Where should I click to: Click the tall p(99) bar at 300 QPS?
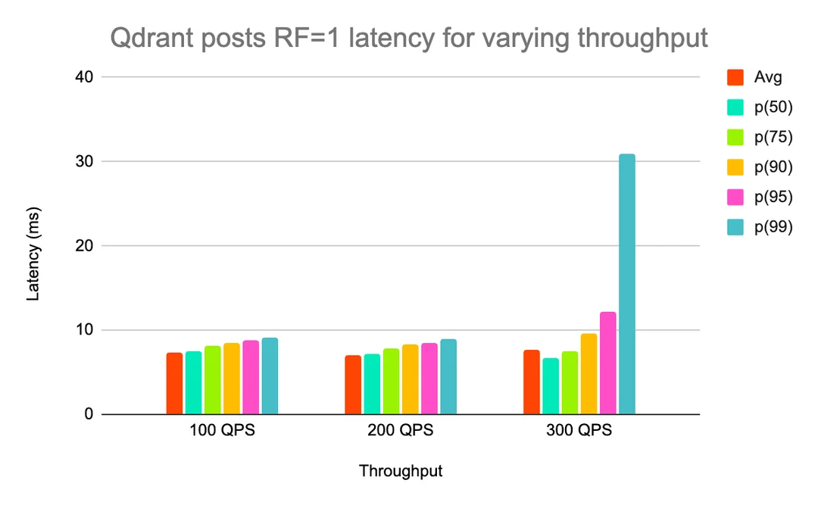click(626, 284)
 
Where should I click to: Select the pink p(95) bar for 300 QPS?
click(607, 363)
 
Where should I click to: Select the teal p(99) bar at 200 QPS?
click(448, 377)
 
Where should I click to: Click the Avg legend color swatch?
click(735, 77)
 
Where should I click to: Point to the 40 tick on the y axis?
click(84, 77)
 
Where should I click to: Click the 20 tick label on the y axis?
click(84, 246)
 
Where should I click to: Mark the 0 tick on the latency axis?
click(88, 414)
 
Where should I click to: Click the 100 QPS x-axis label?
click(222, 432)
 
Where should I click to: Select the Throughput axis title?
click(400, 471)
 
